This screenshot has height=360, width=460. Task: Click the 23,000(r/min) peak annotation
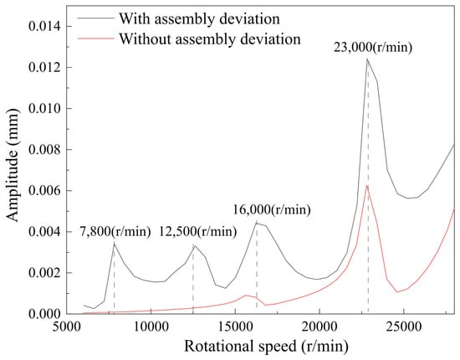[373, 48]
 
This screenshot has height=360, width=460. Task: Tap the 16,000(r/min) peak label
[272, 210]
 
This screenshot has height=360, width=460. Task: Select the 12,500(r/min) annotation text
[198, 232]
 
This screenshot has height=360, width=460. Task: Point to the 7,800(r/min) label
[115, 232]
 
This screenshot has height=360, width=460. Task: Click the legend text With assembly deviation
[199, 19]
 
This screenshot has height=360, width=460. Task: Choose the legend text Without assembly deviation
[210, 39]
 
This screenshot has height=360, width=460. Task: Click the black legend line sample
[95, 18]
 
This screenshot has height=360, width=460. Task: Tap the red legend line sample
[95, 38]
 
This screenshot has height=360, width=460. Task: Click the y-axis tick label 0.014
[44, 27]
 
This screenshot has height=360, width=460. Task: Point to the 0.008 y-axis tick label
[44, 150]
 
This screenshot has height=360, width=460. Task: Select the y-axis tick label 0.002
[44, 273]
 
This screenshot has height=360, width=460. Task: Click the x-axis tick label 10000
[151, 327]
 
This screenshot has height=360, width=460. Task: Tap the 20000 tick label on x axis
[319, 327]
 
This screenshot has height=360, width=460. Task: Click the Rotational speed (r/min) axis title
[266, 347]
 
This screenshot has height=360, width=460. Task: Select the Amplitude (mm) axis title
[13, 166]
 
